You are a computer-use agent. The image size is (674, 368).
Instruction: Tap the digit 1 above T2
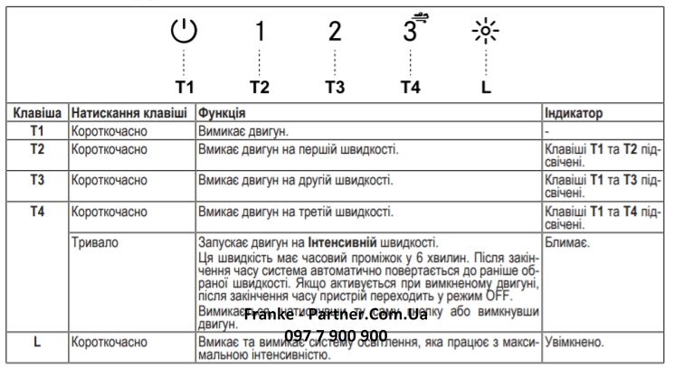[260, 33]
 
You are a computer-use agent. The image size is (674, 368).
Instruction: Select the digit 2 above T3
[335, 33]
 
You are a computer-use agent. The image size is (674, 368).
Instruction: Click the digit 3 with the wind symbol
[410, 31]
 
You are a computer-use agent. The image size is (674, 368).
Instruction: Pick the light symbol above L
[486, 33]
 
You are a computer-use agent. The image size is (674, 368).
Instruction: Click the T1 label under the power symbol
[185, 89]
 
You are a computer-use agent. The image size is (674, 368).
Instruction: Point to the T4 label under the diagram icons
[410, 89]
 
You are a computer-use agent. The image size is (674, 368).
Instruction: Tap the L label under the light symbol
[486, 89]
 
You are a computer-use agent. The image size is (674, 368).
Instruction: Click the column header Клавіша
[36, 115]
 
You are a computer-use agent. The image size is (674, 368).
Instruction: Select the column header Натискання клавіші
[129, 115]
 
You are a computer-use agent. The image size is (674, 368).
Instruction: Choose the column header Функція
[223, 115]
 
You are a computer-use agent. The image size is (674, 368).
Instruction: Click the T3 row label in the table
[37, 180]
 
